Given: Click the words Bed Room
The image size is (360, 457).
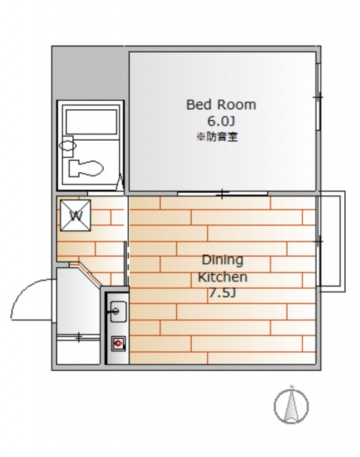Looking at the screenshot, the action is pos(221,105).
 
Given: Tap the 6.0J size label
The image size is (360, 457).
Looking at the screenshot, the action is pos(221,121).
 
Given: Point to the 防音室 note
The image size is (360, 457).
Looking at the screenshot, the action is pos(217,136).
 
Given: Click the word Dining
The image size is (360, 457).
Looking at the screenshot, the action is pos(222,260).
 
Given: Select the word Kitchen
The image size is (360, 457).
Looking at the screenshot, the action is pos(222,277).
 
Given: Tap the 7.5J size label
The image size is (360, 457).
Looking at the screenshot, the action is pos(222,293).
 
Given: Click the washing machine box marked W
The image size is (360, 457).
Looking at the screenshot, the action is pos(76,216).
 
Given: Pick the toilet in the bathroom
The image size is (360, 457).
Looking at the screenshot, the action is pos(86,169).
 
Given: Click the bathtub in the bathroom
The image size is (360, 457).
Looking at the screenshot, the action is pos(91,122).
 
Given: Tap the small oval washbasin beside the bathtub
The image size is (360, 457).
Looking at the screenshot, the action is pos(68,145).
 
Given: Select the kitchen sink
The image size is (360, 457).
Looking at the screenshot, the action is pos(118,311).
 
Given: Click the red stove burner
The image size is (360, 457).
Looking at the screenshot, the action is pos(119,343).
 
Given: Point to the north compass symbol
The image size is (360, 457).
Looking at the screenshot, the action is pos(291,405).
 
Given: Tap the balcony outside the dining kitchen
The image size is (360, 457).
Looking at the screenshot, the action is pos(332,241).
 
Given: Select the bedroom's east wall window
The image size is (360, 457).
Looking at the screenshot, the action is pos(319,96).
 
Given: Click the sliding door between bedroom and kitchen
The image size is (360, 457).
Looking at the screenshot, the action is pos(222,194).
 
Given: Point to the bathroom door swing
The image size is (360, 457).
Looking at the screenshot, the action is pos(120,182).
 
